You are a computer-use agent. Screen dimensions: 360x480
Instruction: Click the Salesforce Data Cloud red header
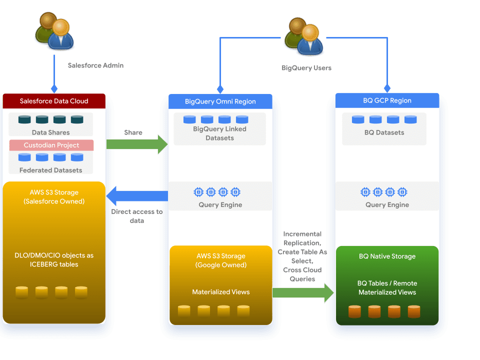click(x=54, y=101)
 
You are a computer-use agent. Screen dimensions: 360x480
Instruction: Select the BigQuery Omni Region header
click(x=220, y=101)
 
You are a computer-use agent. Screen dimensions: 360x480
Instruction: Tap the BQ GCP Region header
click(x=387, y=100)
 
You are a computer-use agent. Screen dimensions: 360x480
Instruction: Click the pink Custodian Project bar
click(x=51, y=145)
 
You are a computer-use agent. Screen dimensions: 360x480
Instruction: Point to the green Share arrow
click(x=137, y=144)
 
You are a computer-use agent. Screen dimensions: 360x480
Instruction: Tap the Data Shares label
click(x=51, y=132)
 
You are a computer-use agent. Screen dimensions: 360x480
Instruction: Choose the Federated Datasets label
click(x=51, y=170)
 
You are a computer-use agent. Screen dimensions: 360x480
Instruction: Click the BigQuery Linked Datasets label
click(x=220, y=133)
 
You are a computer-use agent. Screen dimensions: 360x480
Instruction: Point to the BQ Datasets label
click(x=384, y=132)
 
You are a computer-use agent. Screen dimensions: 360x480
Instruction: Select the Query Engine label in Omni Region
click(x=220, y=204)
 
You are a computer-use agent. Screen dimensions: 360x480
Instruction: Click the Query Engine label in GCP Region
click(x=387, y=204)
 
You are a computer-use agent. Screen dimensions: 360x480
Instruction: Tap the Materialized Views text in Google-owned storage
click(x=220, y=292)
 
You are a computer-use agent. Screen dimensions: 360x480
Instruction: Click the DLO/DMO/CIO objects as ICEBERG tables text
click(x=54, y=259)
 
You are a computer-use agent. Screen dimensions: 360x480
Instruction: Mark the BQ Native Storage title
click(x=387, y=256)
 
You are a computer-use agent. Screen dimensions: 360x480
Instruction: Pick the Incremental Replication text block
click(x=302, y=256)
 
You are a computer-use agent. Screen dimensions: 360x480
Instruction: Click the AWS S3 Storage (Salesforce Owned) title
click(x=54, y=197)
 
